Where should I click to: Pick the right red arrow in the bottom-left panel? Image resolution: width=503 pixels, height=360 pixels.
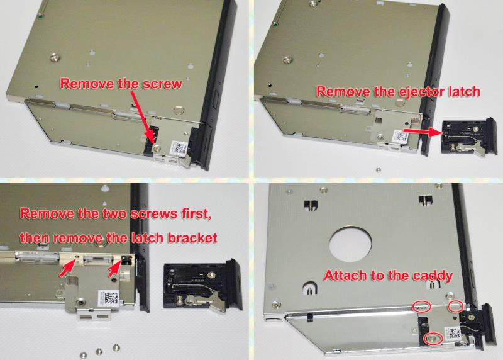coord(114,269)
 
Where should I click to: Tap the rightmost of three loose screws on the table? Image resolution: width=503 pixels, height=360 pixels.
coord(116,346)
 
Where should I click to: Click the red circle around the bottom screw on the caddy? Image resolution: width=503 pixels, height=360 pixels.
coord(431,339)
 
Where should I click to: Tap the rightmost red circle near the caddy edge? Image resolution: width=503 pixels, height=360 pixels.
coord(457,307)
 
